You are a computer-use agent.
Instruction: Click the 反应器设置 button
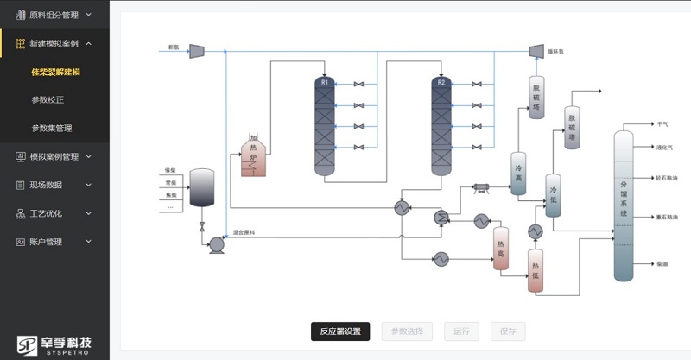pyautogui.click(x=340, y=331)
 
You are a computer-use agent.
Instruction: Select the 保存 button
pyautogui.click(x=507, y=331)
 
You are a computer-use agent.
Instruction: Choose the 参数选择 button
pyautogui.click(x=407, y=331)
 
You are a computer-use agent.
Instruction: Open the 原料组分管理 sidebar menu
pyautogui.click(x=54, y=15)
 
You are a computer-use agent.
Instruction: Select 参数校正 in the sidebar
pyautogui.click(x=48, y=99)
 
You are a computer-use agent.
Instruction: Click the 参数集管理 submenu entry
pyautogui.click(x=51, y=128)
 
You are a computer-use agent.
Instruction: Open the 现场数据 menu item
pyautogui.click(x=45, y=185)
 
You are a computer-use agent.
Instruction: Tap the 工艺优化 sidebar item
pyautogui.click(x=45, y=213)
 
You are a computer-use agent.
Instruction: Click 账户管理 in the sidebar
pyautogui.click(x=45, y=242)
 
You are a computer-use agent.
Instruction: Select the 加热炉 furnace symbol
pyautogui.click(x=255, y=154)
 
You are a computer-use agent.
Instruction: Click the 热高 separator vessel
pyautogui.click(x=501, y=249)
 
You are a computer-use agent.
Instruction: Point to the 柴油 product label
pyautogui.click(x=662, y=262)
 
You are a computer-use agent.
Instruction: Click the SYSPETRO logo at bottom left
pyautogui.click(x=54, y=343)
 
